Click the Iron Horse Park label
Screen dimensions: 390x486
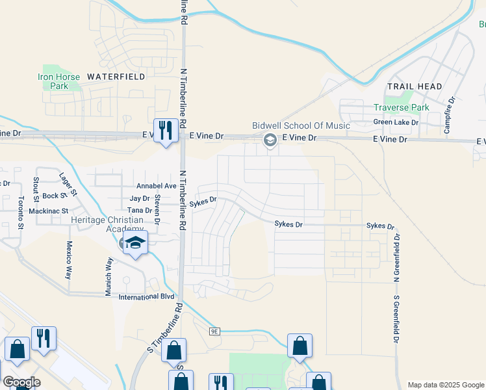(58, 81)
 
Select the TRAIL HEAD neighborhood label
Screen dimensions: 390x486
(415, 86)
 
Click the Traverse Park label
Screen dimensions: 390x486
(402, 107)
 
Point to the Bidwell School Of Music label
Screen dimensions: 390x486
(301, 125)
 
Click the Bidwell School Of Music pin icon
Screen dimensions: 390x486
(269, 140)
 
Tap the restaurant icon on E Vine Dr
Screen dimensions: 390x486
(166, 131)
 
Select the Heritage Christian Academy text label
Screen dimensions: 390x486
(107, 224)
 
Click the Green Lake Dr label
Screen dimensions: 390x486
(396, 122)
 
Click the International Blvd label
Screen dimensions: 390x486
(146, 296)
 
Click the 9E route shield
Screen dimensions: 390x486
(215, 331)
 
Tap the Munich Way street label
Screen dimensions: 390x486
(109, 276)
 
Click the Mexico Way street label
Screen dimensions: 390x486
(68, 260)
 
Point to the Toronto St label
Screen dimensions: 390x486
(21, 213)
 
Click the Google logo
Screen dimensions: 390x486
(21, 382)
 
